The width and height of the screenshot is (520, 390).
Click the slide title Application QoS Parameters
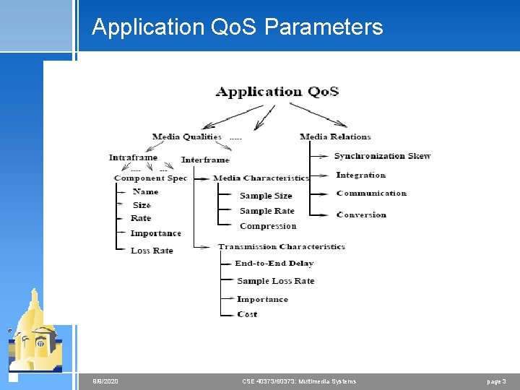(x=237, y=27)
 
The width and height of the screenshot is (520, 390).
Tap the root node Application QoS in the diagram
(x=277, y=92)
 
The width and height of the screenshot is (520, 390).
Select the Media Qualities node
(x=186, y=136)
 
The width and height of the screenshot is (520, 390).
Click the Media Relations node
(x=335, y=136)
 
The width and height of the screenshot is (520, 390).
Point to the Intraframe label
(x=133, y=157)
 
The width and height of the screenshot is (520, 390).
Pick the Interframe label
(x=205, y=160)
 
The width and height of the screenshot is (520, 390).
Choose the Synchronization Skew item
(x=382, y=156)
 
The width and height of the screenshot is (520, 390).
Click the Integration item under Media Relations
(x=361, y=175)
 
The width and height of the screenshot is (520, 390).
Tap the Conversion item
(x=361, y=214)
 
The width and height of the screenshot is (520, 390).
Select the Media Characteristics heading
(x=261, y=178)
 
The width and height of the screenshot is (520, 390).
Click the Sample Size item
(x=266, y=196)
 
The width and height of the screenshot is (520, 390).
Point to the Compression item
(x=268, y=226)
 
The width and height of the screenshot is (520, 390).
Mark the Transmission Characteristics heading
(x=282, y=246)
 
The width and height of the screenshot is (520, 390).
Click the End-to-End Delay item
(x=274, y=264)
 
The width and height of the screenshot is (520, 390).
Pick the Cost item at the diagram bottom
(x=247, y=314)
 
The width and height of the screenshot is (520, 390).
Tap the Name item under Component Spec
(x=145, y=192)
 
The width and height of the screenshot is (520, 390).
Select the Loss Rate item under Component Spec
(x=152, y=251)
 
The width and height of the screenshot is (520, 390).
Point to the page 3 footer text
(x=496, y=381)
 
